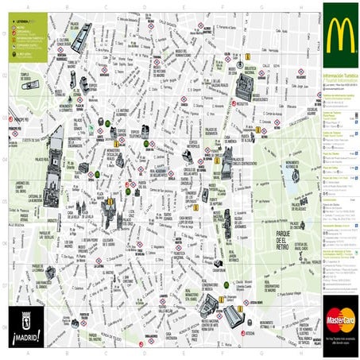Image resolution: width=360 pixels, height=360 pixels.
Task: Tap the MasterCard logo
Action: (340, 322)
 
